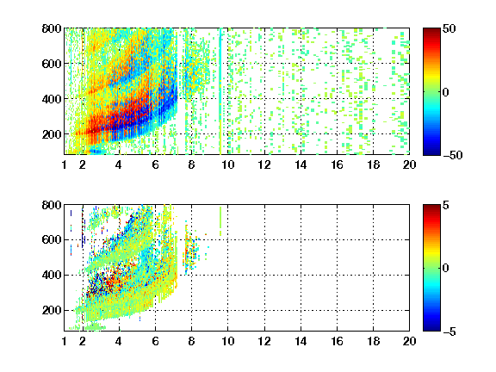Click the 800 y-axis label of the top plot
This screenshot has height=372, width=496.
pos(52,28)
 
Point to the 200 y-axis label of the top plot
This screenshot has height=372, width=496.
pos(52,134)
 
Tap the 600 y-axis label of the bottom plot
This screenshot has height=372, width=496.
pos(52,239)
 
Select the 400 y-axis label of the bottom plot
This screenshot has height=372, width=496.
pos(52,275)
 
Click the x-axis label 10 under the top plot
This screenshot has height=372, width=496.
pos(227,164)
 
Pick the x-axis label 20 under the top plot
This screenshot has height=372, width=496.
pos(409,164)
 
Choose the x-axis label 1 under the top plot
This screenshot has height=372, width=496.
pos(65,164)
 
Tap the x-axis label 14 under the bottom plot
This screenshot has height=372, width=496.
pos(301,341)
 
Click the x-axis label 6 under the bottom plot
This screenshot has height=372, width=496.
pos(155,341)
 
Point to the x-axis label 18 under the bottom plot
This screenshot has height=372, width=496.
pos(373,341)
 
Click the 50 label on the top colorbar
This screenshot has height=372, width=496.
pos(449,28)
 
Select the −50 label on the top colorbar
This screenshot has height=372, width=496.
pos(453,155)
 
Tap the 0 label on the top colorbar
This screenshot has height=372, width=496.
pos(446,92)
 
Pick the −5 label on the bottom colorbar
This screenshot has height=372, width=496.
pos(449,332)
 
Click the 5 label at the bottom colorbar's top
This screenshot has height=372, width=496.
pos(446,205)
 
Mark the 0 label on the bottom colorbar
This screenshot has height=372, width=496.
pos(446,269)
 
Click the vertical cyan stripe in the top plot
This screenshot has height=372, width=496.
pos(220,91)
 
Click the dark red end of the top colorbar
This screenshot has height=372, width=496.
pos(431,31)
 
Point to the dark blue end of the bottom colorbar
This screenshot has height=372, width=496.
pos(431,328)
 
